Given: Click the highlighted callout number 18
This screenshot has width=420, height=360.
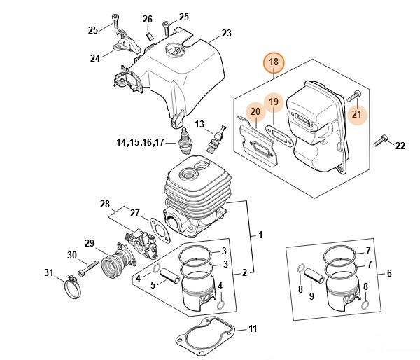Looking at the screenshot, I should pyautogui.click(x=273, y=62).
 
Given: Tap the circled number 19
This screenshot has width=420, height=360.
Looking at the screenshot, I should pyautogui.click(x=274, y=102).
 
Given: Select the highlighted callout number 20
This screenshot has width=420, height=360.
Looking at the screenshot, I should pyautogui.click(x=255, y=111).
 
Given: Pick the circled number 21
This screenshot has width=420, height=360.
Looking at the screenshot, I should pyautogui.click(x=357, y=114).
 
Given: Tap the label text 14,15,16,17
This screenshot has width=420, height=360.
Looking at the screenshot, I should pyautogui.click(x=140, y=143).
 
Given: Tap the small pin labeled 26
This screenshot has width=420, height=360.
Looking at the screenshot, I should pyautogui.click(x=148, y=34).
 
